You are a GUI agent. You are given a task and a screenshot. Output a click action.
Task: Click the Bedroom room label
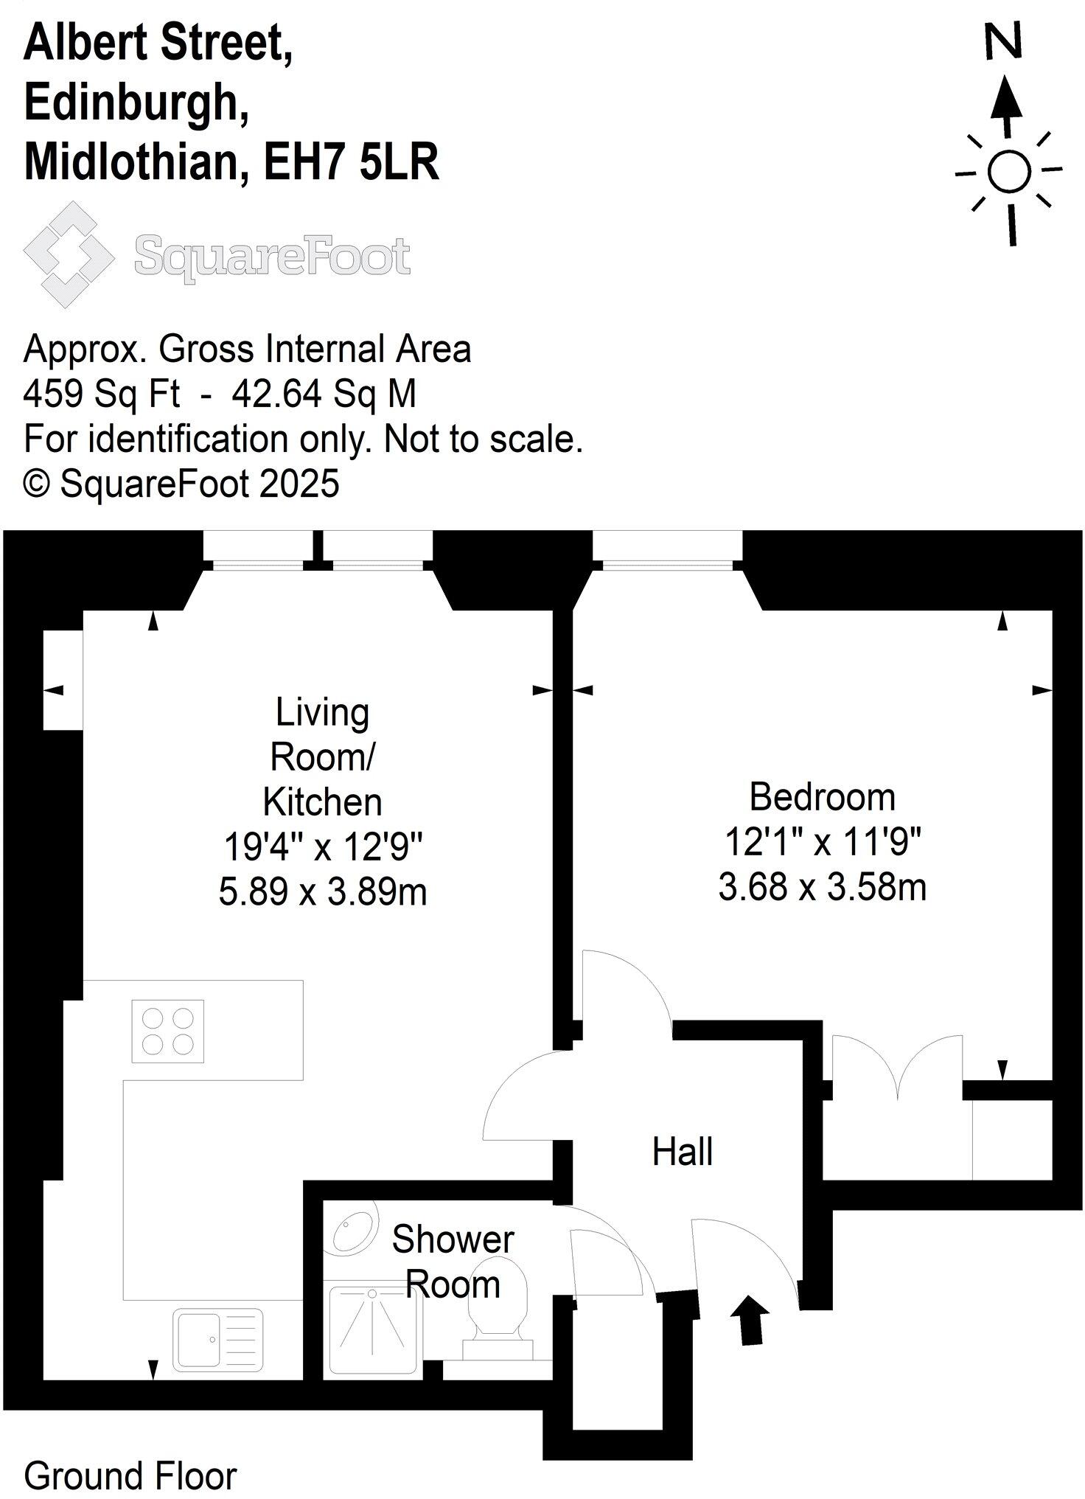[x=822, y=797]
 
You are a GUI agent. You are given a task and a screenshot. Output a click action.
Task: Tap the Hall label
[x=683, y=1152]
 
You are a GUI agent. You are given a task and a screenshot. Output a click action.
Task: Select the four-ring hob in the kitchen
[x=168, y=1031]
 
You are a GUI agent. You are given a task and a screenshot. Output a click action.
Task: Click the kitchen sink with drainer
[x=217, y=1340]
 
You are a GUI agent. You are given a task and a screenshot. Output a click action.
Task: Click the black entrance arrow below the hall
[x=751, y=1320]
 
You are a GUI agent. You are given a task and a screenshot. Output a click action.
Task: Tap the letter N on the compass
[x=1004, y=41]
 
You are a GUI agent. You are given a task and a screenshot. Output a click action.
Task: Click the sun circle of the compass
[x=1008, y=171]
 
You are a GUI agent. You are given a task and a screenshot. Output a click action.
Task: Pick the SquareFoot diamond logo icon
[x=69, y=254]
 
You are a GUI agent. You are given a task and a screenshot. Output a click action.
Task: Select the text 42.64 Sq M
[x=324, y=394]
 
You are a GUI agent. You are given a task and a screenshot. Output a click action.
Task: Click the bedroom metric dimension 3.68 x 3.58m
[x=822, y=887]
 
